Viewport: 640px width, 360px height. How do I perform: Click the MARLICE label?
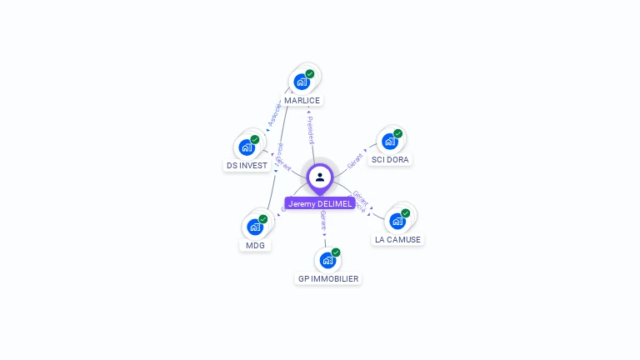tap(302, 100)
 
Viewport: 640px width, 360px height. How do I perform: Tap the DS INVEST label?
tap(247, 165)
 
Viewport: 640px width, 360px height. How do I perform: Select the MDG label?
tap(255, 245)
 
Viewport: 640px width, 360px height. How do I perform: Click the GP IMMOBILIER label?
tap(328, 278)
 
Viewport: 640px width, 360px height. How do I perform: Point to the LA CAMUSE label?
tap(397, 239)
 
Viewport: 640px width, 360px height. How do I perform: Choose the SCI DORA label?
tap(390, 159)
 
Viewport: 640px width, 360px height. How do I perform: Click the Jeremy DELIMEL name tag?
tap(320, 203)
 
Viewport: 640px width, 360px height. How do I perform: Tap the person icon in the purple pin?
tap(320, 177)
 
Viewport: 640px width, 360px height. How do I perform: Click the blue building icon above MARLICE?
tap(301, 82)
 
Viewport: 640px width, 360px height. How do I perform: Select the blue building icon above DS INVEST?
tap(247, 147)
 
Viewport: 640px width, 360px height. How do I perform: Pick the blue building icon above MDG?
tap(254, 227)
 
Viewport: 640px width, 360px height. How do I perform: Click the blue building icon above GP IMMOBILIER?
tap(327, 260)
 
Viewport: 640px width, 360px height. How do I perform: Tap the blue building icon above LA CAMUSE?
tap(397, 221)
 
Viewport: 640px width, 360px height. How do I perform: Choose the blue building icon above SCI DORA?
tap(389, 141)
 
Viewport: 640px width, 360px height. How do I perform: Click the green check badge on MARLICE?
tap(310, 74)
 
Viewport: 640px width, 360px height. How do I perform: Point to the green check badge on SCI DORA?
tap(398, 133)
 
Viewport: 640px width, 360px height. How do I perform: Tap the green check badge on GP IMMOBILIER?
tap(336, 252)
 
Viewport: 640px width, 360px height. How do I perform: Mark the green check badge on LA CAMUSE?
tap(406, 213)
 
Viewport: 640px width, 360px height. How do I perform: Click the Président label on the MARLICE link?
tap(310, 130)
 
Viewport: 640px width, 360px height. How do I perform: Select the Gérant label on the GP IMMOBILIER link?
tap(323, 221)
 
